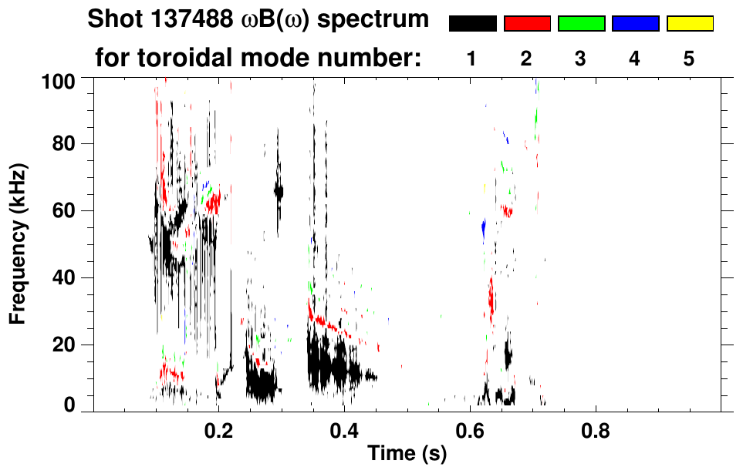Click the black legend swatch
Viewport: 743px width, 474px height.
[x=472, y=24]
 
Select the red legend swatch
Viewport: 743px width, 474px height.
[x=527, y=24]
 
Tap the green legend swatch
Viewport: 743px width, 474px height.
[x=581, y=24]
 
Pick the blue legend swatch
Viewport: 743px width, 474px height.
[x=635, y=24]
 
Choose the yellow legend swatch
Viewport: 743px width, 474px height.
[x=690, y=24]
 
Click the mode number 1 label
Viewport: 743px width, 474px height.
[x=471, y=59]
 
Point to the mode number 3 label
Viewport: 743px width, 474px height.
[x=580, y=59]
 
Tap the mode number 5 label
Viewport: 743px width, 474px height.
[x=689, y=59]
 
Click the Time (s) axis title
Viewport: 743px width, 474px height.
[x=406, y=455]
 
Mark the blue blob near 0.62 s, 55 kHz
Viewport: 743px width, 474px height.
[x=483, y=228]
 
